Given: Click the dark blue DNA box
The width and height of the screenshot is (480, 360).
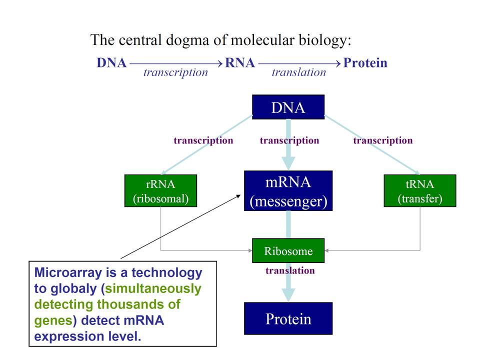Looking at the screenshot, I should click(288, 107).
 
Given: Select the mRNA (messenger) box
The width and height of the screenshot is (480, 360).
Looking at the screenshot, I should click(288, 190).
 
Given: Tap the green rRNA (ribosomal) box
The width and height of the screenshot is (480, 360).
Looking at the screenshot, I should click(160, 190).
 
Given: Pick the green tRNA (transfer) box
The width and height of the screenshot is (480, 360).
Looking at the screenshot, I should click(419, 190).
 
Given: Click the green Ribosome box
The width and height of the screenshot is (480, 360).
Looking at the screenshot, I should click(288, 251).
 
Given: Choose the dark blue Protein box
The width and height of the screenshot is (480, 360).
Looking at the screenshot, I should click(288, 318).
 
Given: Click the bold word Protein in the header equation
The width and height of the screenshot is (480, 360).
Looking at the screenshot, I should click(365, 63).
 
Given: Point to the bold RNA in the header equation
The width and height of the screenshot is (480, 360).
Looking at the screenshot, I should click(240, 63).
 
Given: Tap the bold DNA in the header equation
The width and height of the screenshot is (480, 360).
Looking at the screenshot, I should click(111, 63).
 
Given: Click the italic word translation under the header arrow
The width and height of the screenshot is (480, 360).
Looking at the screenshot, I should click(298, 72).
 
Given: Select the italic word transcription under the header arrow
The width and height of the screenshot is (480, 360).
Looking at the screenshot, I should click(175, 72).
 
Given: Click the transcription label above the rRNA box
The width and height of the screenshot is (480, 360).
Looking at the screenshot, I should click(203, 140).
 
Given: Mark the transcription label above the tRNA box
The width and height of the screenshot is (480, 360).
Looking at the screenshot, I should click(382, 140).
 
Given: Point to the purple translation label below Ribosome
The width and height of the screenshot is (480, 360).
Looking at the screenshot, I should click(290, 271).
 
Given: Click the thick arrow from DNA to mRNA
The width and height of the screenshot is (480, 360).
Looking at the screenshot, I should click(288, 145).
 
